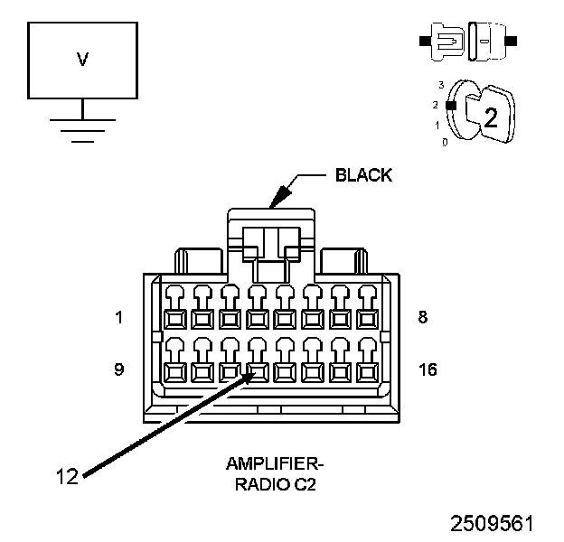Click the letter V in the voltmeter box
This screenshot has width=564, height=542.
(83, 60)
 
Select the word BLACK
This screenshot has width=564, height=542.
(364, 175)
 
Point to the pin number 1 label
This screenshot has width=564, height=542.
(119, 317)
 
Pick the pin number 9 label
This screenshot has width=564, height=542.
(119, 369)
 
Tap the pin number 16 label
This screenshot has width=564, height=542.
(428, 369)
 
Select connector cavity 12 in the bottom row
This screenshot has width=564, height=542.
(258, 370)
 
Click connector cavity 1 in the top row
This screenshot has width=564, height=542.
(174, 317)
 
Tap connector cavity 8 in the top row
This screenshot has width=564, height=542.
(368, 317)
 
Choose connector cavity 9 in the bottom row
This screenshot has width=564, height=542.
(174, 370)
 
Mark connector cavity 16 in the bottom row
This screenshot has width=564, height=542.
(368, 370)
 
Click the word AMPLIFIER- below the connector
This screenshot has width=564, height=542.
(274, 464)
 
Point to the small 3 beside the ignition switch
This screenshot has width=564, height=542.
(441, 84)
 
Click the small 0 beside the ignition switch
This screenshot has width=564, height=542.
(444, 142)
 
